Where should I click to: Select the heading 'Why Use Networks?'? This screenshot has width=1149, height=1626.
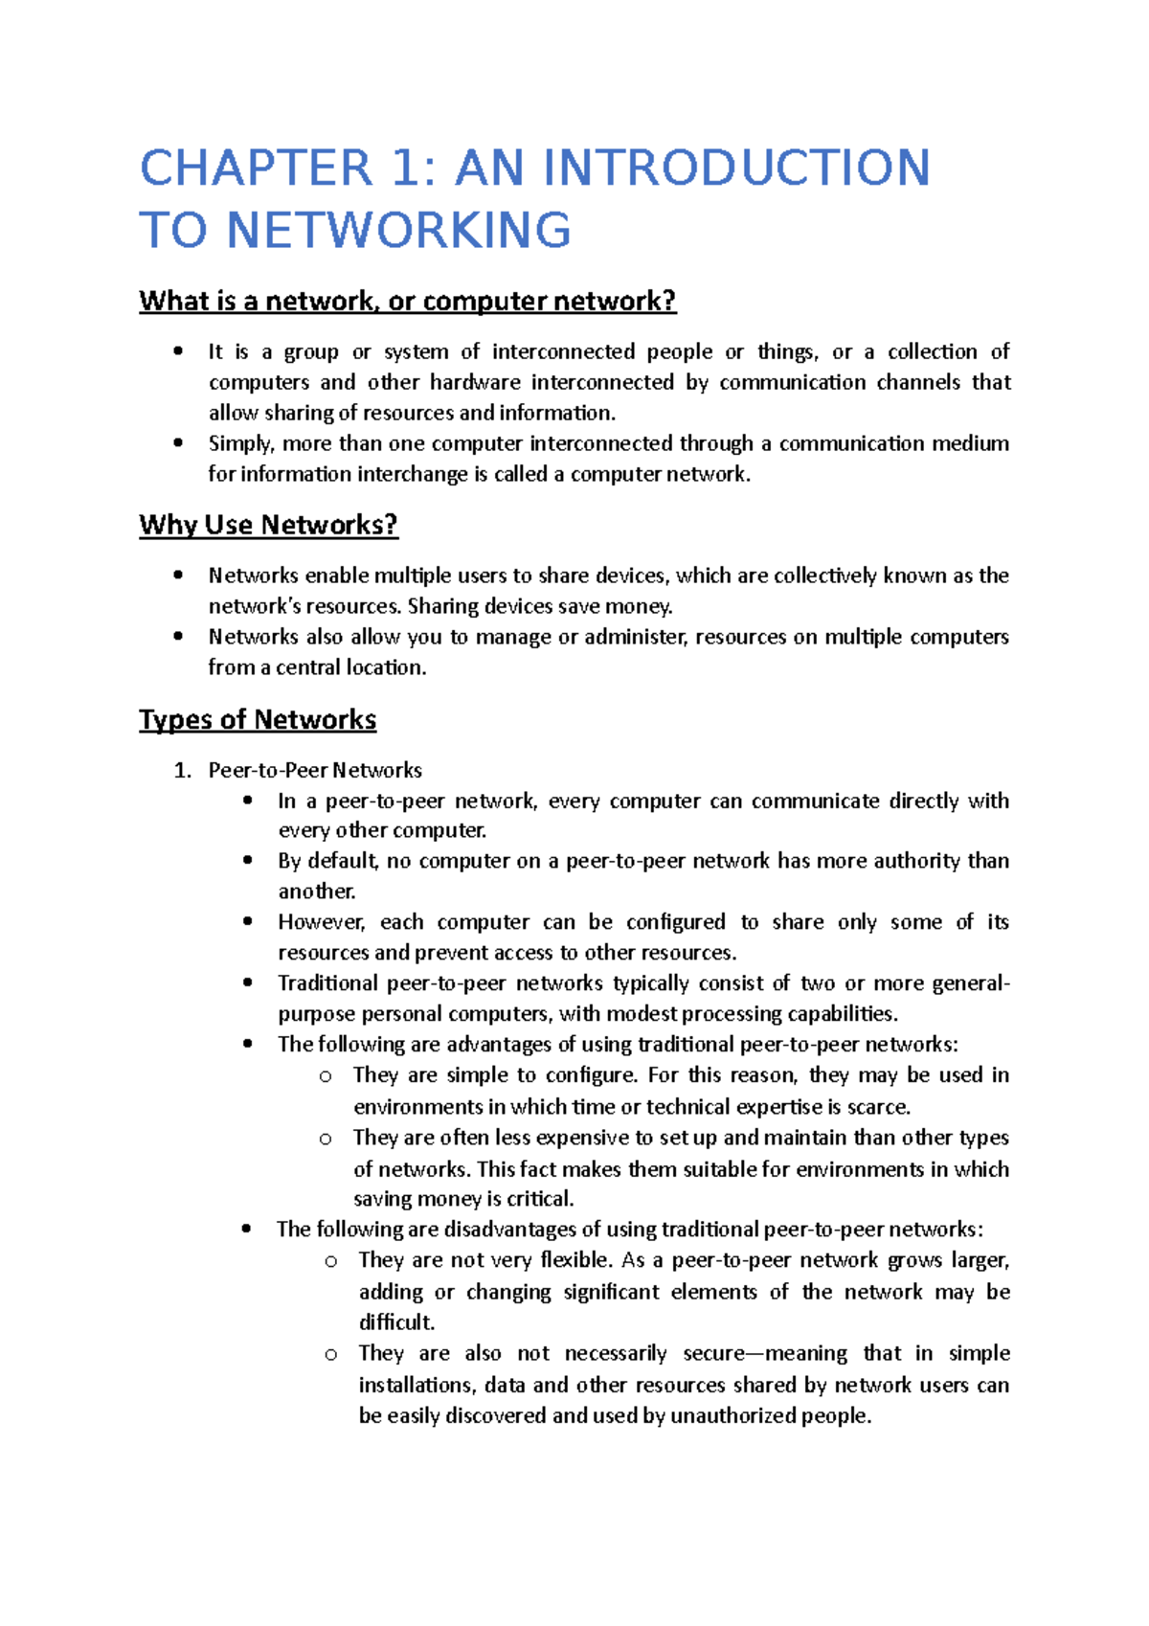(268, 525)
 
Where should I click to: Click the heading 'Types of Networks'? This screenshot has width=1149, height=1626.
(258, 719)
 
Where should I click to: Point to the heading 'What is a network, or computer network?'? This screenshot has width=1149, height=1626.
(407, 301)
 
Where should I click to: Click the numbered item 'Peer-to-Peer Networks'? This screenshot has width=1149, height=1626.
(315, 770)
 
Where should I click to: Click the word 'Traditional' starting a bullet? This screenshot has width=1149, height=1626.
(327, 983)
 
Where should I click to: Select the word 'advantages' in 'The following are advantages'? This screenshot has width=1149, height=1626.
(499, 1045)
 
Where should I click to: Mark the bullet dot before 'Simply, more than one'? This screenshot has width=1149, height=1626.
(178, 443)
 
